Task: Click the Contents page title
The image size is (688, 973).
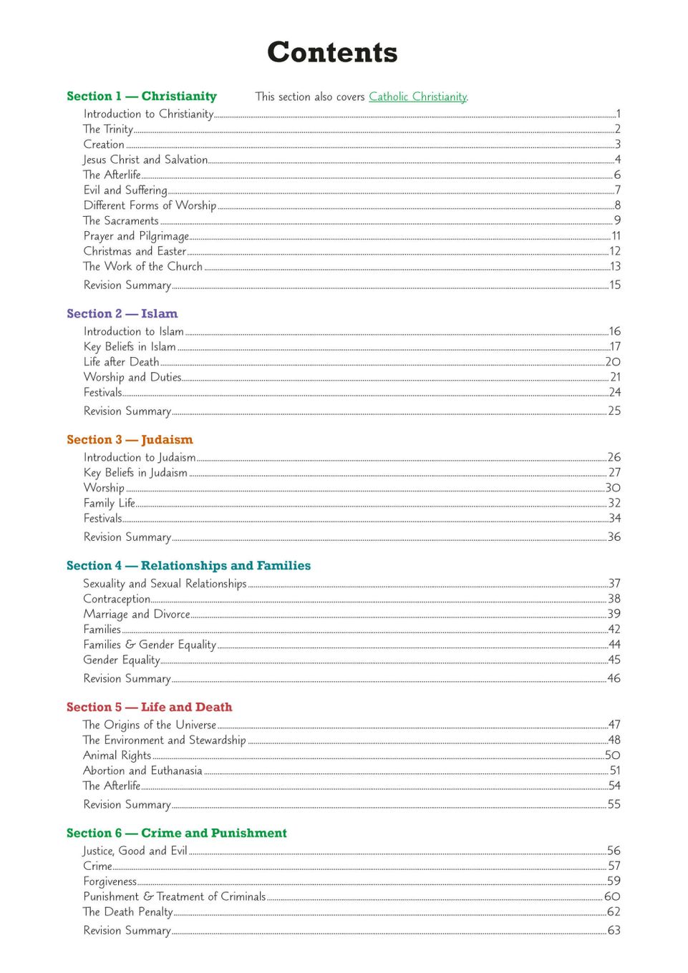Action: [332, 52]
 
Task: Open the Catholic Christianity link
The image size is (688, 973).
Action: [418, 97]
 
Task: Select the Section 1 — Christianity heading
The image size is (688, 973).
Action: [142, 96]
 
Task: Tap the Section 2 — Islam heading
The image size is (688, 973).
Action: [122, 313]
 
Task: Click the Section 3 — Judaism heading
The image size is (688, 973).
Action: [130, 439]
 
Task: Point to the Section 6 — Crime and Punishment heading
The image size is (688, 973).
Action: [177, 833]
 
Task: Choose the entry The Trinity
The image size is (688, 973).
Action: [108, 129]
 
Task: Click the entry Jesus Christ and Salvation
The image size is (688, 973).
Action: [145, 160]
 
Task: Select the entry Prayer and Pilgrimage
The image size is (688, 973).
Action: [136, 236]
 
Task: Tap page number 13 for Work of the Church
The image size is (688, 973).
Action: [615, 266]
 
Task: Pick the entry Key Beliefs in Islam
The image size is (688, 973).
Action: [130, 347]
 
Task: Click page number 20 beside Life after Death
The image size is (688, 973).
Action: [613, 362]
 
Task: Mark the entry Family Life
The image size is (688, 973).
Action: [110, 503]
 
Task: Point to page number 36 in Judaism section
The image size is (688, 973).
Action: [614, 537]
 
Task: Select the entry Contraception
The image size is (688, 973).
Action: [117, 599]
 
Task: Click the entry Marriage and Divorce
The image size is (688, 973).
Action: [137, 614]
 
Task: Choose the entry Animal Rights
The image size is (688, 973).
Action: [117, 756]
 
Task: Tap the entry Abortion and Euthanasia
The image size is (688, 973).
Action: [142, 771]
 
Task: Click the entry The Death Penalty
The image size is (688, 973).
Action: [128, 912]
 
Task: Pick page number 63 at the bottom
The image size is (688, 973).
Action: [614, 930]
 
